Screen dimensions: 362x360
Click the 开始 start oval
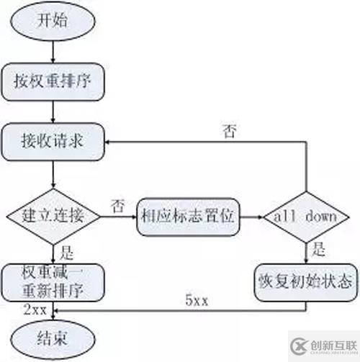55,20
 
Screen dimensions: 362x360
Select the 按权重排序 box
55,81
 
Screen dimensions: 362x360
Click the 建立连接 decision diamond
55,214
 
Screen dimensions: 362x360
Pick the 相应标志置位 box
188,215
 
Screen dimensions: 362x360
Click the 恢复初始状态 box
307,277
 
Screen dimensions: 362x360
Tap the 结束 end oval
55,336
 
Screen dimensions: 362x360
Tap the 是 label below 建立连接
68,253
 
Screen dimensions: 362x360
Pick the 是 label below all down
320,252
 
